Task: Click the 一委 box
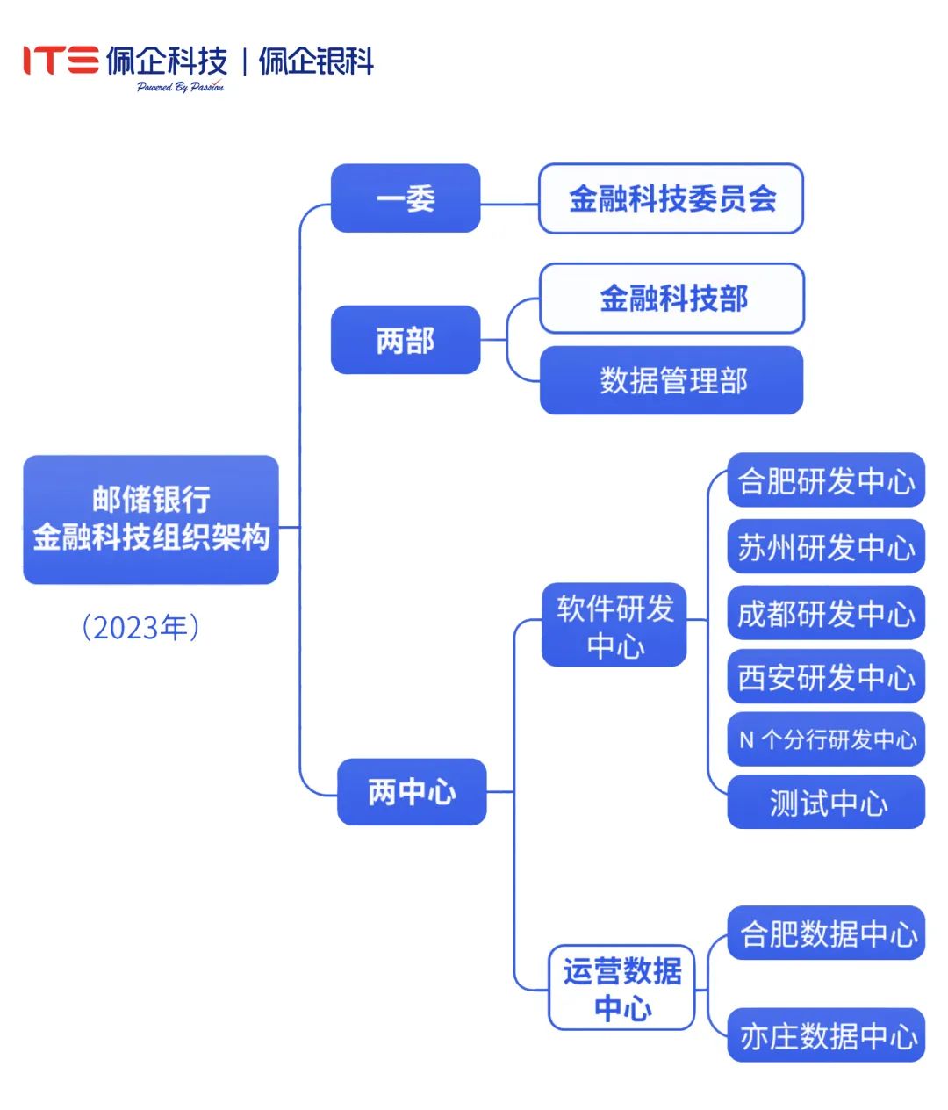(x=406, y=198)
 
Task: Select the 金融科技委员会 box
(x=671, y=198)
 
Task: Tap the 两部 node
(x=406, y=340)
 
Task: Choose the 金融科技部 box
(x=671, y=299)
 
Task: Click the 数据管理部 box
(x=671, y=380)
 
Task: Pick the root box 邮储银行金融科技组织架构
(x=151, y=519)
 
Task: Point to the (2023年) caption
(x=140, y=628)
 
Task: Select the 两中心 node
(x=412, y=792)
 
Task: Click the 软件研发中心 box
(x=614, y=625)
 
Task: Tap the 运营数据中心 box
(x=621, y=988)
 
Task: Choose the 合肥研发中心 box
(x=826, y=480)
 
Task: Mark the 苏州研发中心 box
(x=826, y=546)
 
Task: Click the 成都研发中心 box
(x=826, y=612)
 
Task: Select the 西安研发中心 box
(x=826, y=676)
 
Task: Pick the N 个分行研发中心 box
(x=826, y=739)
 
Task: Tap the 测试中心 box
(x=826, y=802)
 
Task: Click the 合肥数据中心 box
(x=826, y=933)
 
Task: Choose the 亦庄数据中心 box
(x=826, y=1035)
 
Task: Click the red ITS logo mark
(x=60, y=60)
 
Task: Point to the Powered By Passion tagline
(x=180, y=87)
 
